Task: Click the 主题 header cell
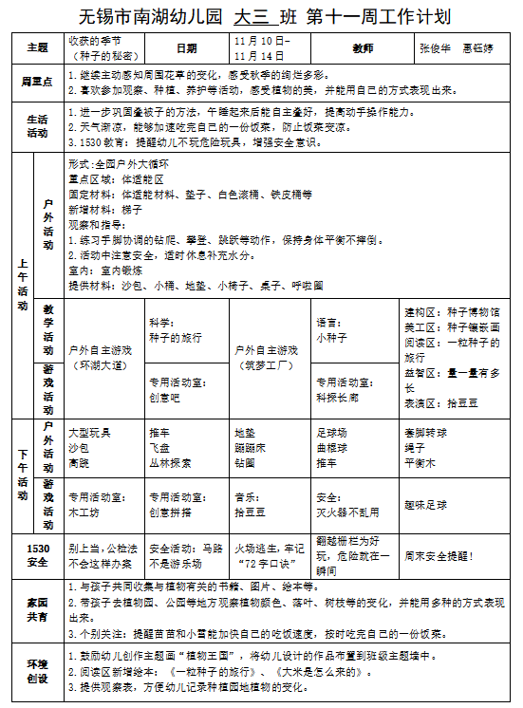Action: [x=38, y=47]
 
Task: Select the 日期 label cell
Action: [x=187, y=47]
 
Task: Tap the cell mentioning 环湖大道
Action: [x=104, y=357]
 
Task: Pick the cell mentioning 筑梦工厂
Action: [x=271, y=357]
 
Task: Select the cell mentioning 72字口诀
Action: [x=270, y=555]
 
